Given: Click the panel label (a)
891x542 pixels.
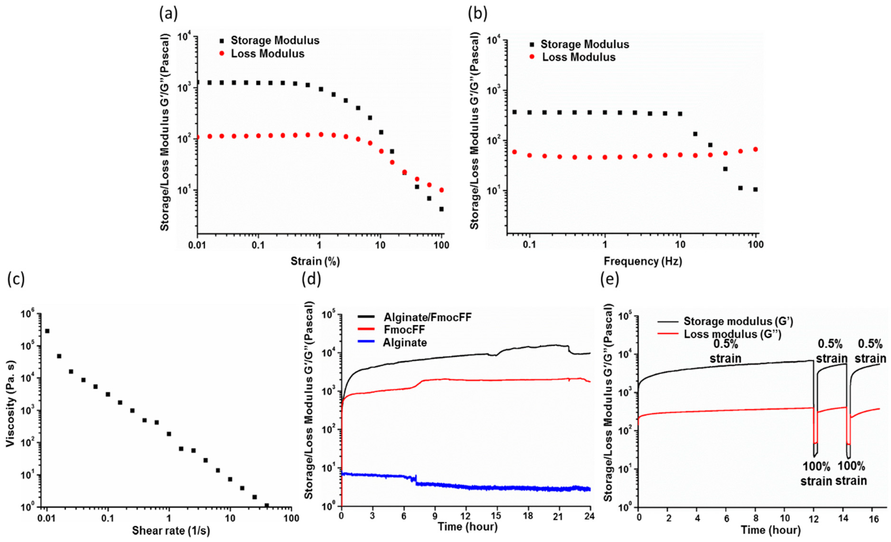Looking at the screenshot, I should pyautogui.click(x=169, y=14).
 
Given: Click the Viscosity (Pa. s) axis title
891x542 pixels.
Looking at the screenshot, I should pyautogui.click(x=12, y=408).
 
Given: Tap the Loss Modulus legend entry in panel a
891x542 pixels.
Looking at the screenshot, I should pyautogui.click(x=268, y=54).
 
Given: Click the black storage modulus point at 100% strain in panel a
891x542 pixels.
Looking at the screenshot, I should pyautogui.click(x=441, y=209).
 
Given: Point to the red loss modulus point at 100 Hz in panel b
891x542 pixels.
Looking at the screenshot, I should pyautogui.click(x=755, y=149).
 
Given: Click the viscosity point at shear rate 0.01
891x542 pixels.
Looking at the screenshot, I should pyautogui.click(x=47, y=331).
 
